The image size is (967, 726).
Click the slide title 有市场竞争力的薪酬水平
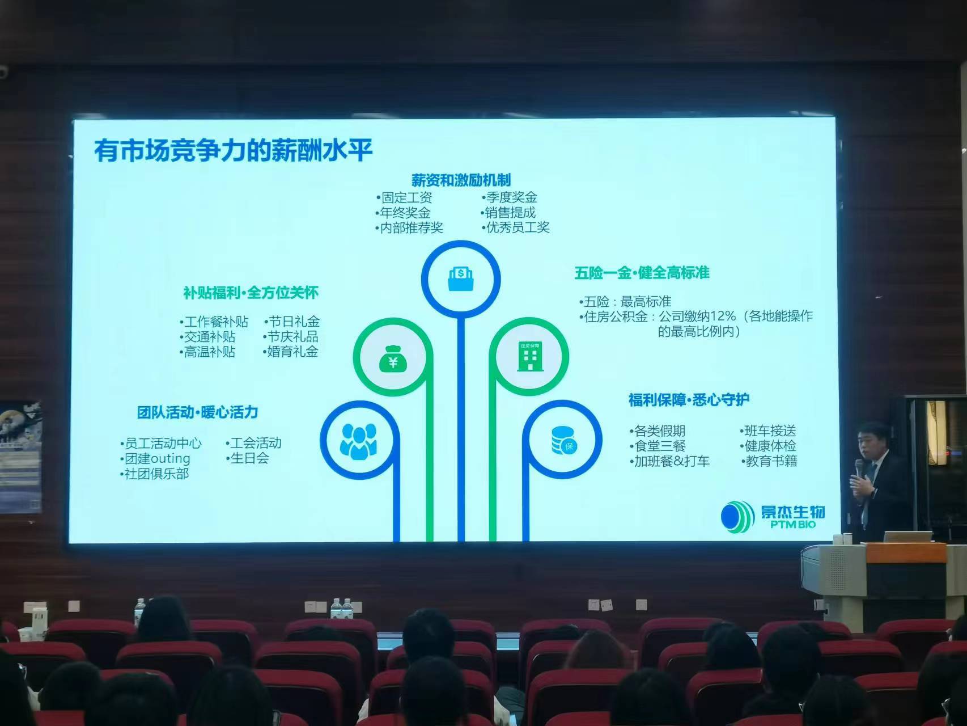tap(234, 150)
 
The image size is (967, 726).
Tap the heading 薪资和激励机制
tap(461, 180)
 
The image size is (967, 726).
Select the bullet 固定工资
tap(404, 197)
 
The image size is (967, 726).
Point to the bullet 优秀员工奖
tap(516, 227)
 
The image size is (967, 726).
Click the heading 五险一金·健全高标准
tap(642, 273)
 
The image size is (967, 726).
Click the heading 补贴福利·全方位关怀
tap(251, 293)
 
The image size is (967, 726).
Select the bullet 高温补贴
tap(207, 352)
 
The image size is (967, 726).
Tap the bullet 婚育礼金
tap(291, 352)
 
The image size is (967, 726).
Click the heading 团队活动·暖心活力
tap(197, 412)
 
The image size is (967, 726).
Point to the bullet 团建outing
tap(155, 458)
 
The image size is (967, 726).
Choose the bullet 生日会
tap(248, 458)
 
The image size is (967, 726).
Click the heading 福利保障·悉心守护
tap(689, 400)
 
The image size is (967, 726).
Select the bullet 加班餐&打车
tap(669, 461)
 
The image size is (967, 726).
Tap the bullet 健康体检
tap(768, 446)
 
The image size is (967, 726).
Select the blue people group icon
tap(358, 441)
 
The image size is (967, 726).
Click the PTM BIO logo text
tap(793, 524)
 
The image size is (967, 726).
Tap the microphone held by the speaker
tap(859, 468)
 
